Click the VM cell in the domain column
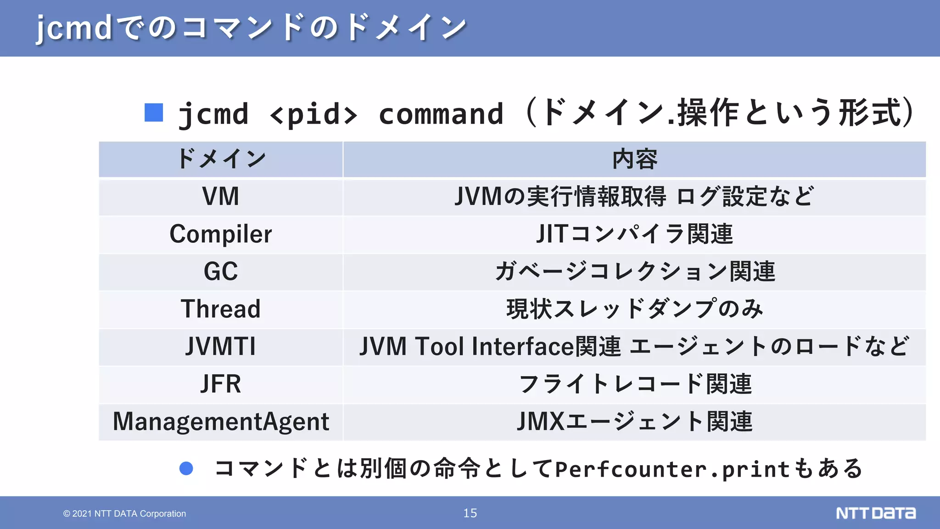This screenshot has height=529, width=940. (221, 197)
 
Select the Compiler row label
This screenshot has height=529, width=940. (221, 234)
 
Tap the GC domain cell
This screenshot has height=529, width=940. (221, 271)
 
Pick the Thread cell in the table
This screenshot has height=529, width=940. (221, 309)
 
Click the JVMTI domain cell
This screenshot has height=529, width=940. (221, 346)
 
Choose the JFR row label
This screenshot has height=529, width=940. (221, 384)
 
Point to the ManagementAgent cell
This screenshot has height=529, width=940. (221, 422)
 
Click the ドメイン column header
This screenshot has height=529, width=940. (221, 159)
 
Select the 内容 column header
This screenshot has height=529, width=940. (634, 159)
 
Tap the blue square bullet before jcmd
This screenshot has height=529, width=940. (154, 113)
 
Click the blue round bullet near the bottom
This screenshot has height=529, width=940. (186, 468)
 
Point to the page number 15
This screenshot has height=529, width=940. (470, 513)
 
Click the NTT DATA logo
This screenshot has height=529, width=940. (875, 513)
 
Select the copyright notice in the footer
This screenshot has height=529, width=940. (124, 513)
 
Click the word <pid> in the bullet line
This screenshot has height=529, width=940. (313, 114)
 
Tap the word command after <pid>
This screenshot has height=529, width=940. (441, 114)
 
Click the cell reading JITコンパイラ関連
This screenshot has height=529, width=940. (634, 234)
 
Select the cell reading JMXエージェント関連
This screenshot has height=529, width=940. (634, 422)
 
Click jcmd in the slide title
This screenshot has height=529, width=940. (74, 28)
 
